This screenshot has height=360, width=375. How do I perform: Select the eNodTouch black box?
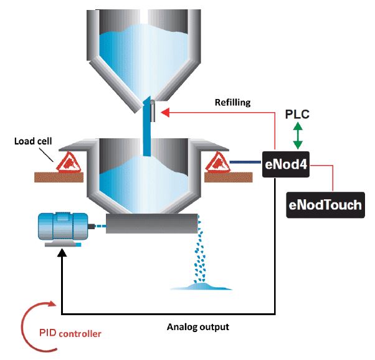tap(324, 205)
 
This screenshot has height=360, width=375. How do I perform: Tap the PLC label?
tap(297, 115)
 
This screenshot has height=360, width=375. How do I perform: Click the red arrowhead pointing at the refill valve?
tap(163, 112)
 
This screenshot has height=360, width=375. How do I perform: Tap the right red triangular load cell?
tap(217, 163)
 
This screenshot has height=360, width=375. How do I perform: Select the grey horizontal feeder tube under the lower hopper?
tap(149, 224)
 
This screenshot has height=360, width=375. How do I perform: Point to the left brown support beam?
tap(59, 177)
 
